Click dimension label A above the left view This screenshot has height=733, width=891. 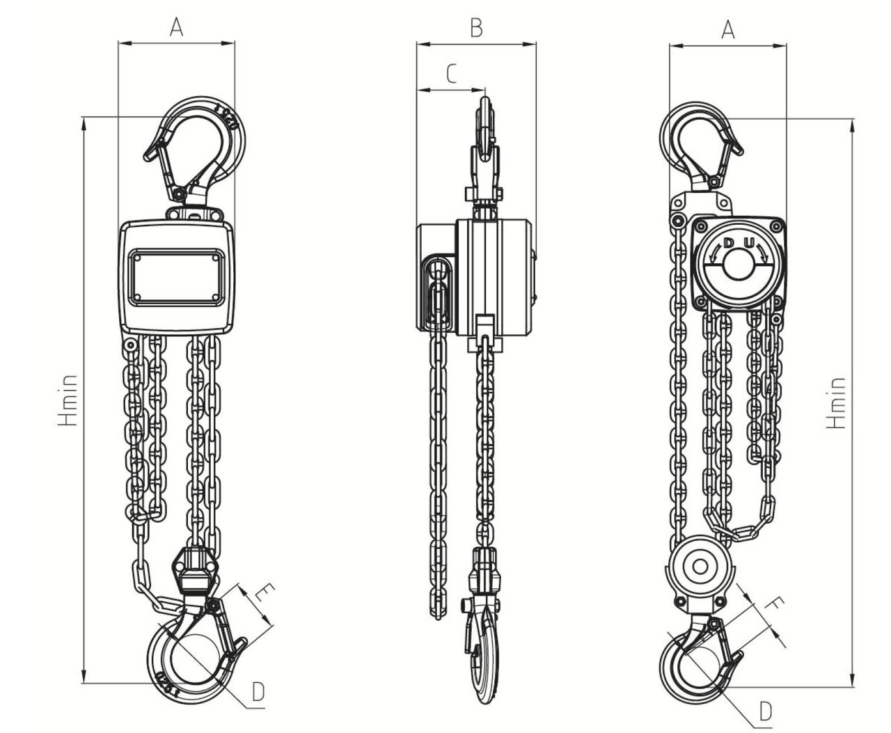coord(177,27)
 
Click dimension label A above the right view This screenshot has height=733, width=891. coord(728,29)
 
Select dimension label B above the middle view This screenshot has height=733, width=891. coord(476,27)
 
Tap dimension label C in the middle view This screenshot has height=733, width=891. coord(451,73)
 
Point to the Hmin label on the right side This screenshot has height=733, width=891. coord(836,402)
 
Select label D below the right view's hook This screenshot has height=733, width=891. coord(766,711)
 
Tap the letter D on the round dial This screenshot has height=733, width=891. coord(728,244)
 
